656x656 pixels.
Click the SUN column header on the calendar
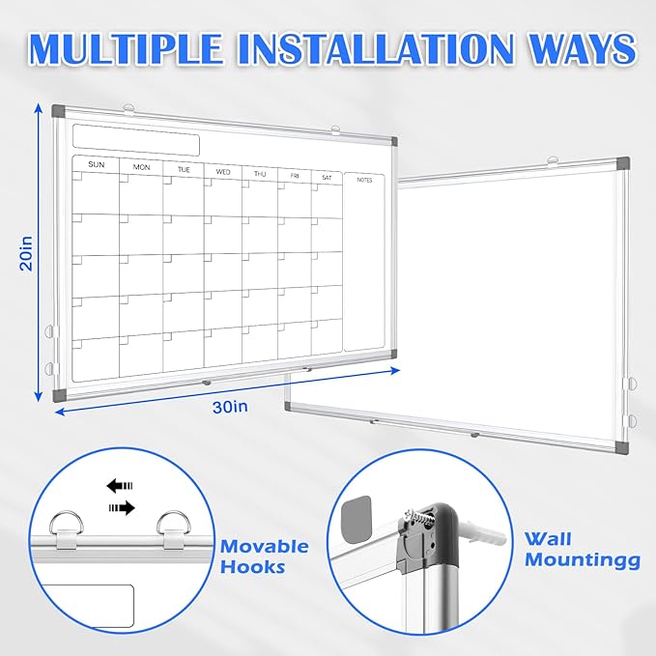click(96, 165)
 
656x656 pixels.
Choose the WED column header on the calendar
click(222, 172)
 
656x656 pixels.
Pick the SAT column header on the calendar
click(327, 177)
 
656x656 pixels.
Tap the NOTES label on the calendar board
click(364, 180)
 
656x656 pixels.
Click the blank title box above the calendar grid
click(136, 139)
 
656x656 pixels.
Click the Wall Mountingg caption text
click(583, 550)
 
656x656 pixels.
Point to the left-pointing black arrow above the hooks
click(119, 487)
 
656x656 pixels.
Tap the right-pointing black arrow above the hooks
click(121, 505)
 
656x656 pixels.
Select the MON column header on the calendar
click(142, 167)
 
